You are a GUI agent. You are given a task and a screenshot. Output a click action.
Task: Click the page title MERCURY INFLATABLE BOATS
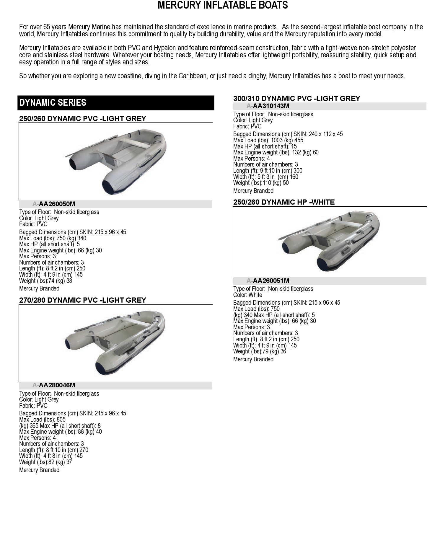point(223,5)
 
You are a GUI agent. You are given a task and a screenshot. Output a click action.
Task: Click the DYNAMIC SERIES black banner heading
point(53,103)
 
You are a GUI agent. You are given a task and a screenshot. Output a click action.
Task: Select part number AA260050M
point(57,204)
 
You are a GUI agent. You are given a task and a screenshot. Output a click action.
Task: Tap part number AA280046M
point(57,385)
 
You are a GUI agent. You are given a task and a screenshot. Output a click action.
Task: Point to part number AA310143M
point(271,106)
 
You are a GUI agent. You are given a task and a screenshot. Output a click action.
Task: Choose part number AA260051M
point(271,281)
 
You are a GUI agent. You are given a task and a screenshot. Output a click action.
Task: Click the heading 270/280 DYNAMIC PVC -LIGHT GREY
point(83,300)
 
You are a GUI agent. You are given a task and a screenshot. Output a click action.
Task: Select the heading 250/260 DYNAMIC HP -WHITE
point(284,202)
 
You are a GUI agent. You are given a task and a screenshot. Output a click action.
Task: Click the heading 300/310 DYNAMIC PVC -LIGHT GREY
point(296,99)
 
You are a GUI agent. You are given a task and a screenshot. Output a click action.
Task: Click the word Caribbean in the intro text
point(193,76)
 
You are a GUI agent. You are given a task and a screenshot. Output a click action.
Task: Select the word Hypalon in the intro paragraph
point(164,48)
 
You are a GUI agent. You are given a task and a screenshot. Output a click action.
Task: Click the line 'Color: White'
point(247,295)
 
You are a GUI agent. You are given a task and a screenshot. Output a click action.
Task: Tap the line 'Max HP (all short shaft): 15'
point(265,146)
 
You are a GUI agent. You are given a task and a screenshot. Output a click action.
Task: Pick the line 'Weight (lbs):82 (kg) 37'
point(45,462)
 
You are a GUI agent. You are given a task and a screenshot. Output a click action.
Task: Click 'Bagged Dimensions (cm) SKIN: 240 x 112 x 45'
point(288,134)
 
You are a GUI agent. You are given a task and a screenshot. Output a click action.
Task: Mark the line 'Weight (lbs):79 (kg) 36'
point(260,351)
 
